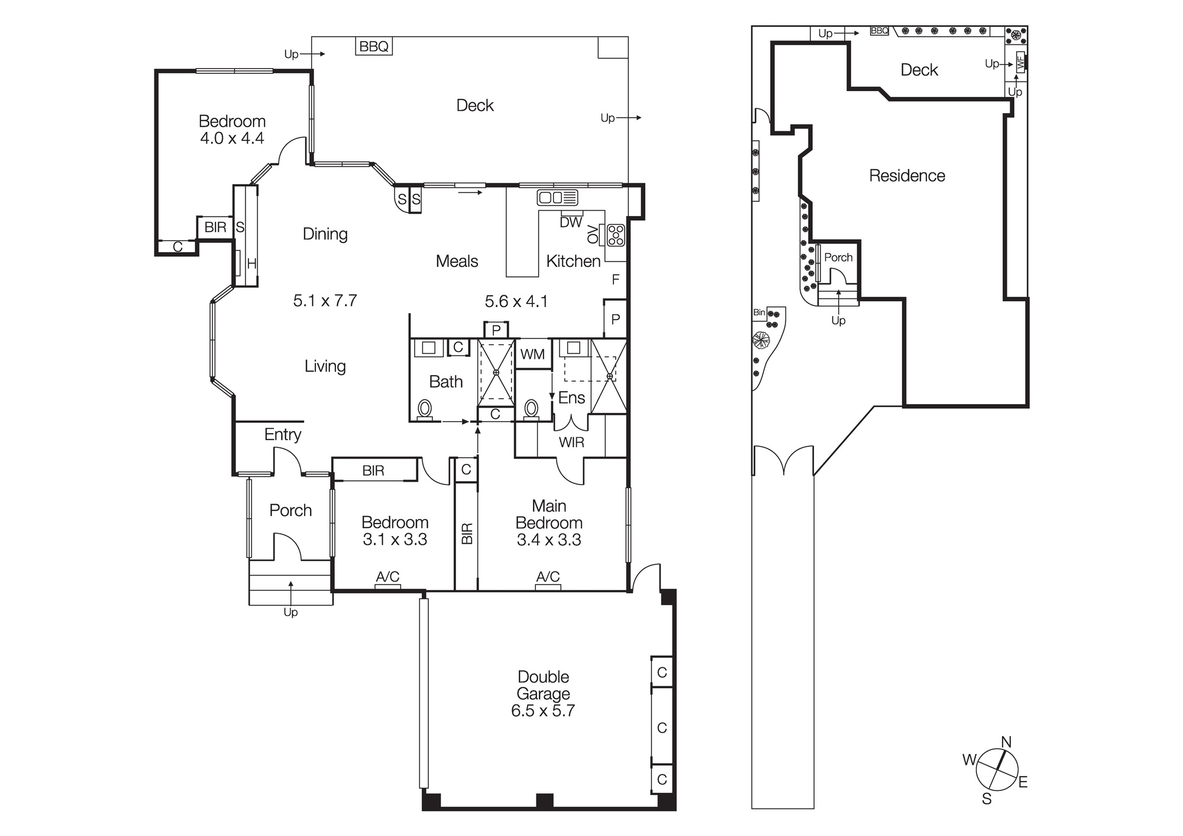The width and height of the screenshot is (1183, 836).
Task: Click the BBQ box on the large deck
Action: [x=374, y=46]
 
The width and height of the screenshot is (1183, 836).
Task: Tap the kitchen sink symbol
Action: [x=557, y=198]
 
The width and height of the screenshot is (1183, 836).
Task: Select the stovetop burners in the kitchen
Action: [x=615, y=235]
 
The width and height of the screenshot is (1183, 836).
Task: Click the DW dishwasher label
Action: [x=571, y=222]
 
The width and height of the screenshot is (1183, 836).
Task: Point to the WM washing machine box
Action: [x=532, y=354]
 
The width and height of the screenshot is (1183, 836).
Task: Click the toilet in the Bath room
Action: [x=425, y=408]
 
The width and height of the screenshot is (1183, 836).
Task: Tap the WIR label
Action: [x=571, y=442]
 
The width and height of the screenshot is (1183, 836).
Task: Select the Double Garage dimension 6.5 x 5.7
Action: [x=543, y=711]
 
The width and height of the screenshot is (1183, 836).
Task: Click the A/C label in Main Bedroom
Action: [x=548, y=576]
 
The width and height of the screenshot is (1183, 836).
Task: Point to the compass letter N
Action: [x=1006, y=742]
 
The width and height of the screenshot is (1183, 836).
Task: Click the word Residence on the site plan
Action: [x=907, y=176]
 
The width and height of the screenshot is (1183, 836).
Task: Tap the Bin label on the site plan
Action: [x=759, y=312]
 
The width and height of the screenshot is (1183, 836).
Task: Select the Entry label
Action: [x=283, y=434]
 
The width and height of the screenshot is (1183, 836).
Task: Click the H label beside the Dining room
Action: [x=251, y=264]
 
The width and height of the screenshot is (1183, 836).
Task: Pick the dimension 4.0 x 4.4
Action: [x=232, y=138]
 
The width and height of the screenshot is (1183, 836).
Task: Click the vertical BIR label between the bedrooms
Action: [x=467, y=533]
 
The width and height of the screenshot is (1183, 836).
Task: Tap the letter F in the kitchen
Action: [x=616, y=279]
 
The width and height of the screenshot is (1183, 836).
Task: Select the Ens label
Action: [x=571, y=398]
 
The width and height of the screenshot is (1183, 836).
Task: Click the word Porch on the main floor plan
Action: [x=290, y=510]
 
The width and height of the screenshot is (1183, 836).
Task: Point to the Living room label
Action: [x=325, y=366]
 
